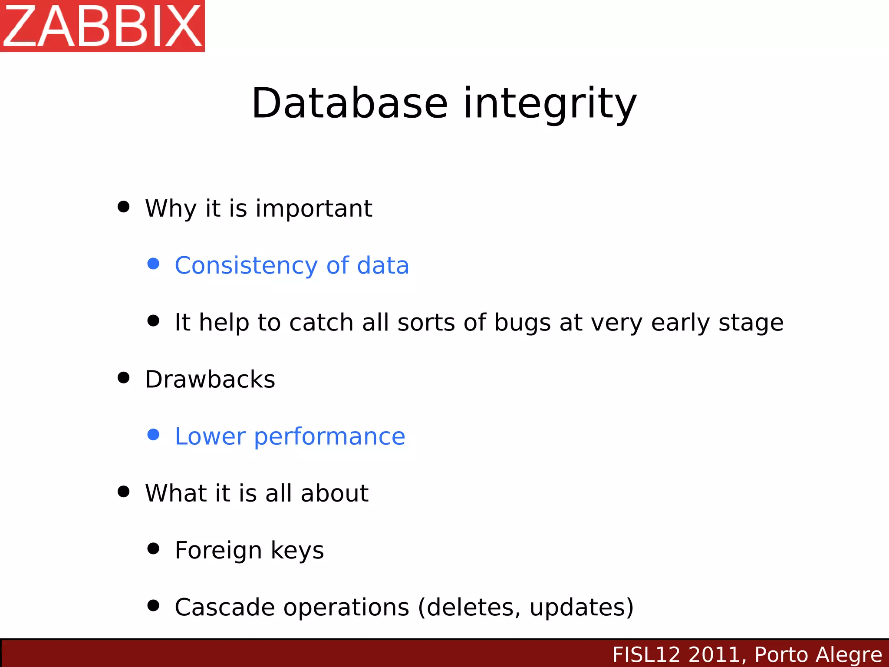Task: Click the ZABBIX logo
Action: coord(102,26)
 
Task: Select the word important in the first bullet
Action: coord(313,208)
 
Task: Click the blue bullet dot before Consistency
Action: coord(153,264)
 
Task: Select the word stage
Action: coord(751,323)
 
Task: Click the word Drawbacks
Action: coord(210,379)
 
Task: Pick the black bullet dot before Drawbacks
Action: coord(124,377)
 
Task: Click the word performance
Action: coord(329,436)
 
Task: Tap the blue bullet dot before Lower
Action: coord(153,434)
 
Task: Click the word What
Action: coord(176,493)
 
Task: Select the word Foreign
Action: coord(218,550)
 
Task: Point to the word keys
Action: coord(297,550)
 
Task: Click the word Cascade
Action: coord(224,607)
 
